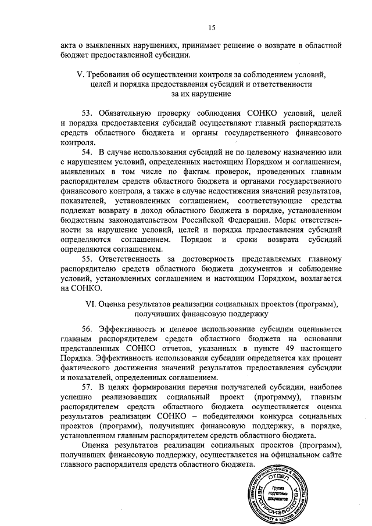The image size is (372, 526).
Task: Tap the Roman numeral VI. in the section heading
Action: click(x=90, y=304)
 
